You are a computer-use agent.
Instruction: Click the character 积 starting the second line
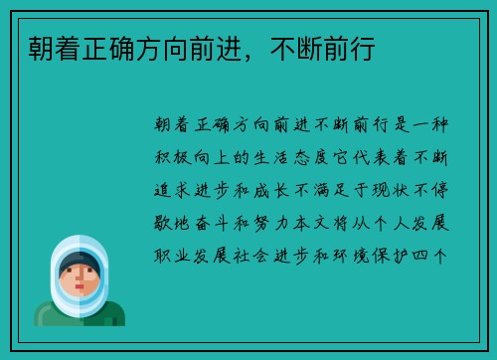(x=166, y=157)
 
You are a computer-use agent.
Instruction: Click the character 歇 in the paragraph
(x=166, y=222)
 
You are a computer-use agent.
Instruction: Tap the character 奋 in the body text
(x=210, y=222)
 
